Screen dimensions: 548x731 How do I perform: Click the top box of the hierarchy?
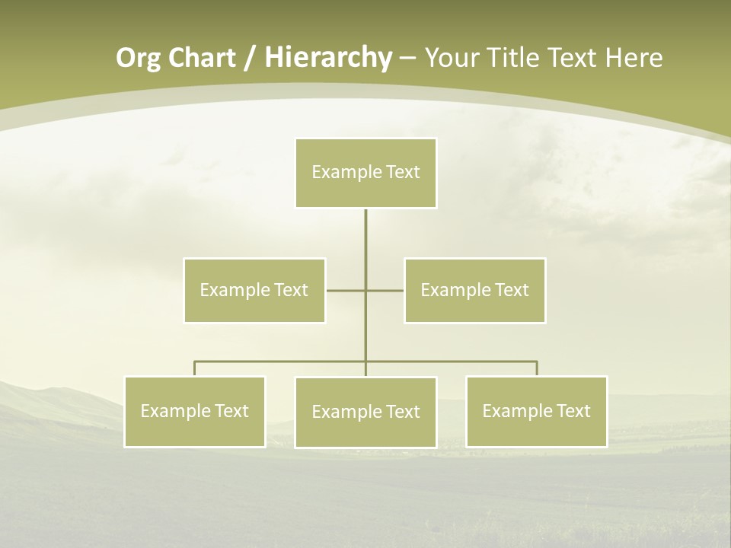pyautogui.click(x=365, y=173)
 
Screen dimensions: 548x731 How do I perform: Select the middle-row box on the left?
pyautogui.click(x=254, y=290)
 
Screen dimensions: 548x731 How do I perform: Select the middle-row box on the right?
pyautogui.click(x=474, y=290)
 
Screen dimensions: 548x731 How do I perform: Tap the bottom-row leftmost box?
pyautogui.click(x=195, y=411)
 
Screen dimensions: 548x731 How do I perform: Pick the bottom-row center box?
pyautogui.click(x=365, y=412)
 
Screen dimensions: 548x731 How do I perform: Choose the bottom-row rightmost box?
pyautogui.click(x=536, y=411)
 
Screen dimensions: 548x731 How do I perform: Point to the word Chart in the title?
pyautogui.click(x=203, y=58)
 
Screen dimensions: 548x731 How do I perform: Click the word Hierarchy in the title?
pyautogui.click(x=328, y=58)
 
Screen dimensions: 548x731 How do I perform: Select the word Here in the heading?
pyautogui.click(x=634, y=58)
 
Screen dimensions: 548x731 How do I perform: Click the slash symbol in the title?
pyautogui.click(x=250, y=58)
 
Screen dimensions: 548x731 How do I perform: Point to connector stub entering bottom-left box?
pyautogui.click(x=195, y=368)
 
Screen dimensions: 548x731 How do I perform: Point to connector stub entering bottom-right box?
pyautogui.click(x=536, y=368)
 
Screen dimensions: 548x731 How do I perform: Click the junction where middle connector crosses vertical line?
pyautogui.click(x=365, y=290)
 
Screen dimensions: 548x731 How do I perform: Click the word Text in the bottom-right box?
pyautogui.click(x=573, y=411)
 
